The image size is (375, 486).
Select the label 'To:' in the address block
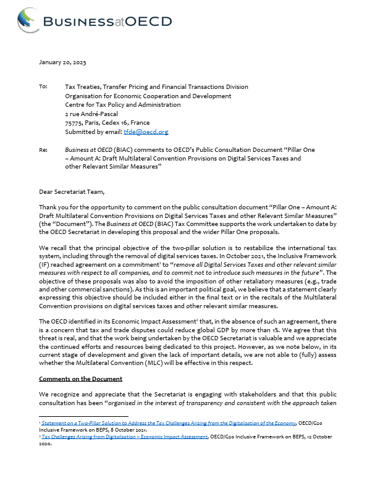[43, 87]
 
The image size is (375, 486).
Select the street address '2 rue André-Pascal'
[92, 114]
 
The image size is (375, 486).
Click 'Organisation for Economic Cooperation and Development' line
[148, 96]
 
